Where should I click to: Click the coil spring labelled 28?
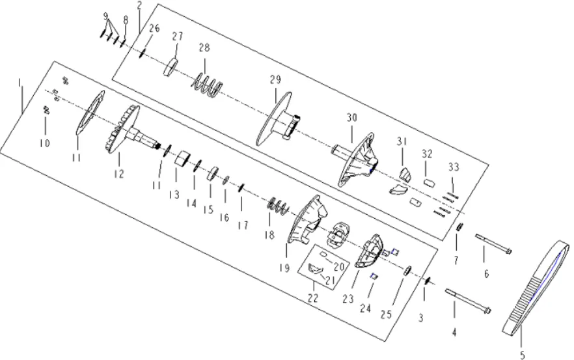point(207,82)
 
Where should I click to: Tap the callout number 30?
point(351,118)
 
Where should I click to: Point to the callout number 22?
point(313,298)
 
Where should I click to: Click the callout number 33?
point(454,167)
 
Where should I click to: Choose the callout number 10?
point(45,143)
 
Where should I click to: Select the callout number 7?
point(456,260)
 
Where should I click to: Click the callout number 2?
point(139,6)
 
